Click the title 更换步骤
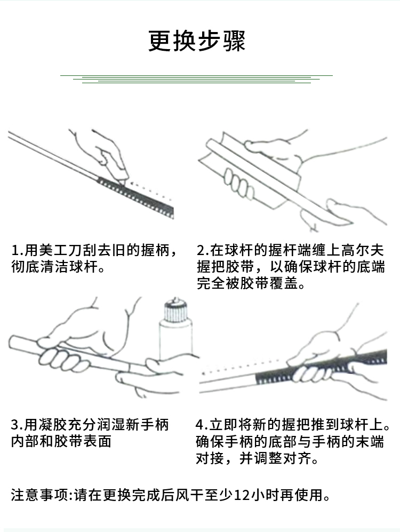click(197, 41)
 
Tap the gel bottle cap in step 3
click(175, 311)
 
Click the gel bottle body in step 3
click(175, 341)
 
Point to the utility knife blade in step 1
click(123, 180)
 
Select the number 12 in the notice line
click(242, 495)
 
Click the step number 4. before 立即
click(202, 425)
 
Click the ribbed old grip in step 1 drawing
click(135, 194)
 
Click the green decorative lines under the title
click(197, 79)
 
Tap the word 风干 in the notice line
click(188, 495)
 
